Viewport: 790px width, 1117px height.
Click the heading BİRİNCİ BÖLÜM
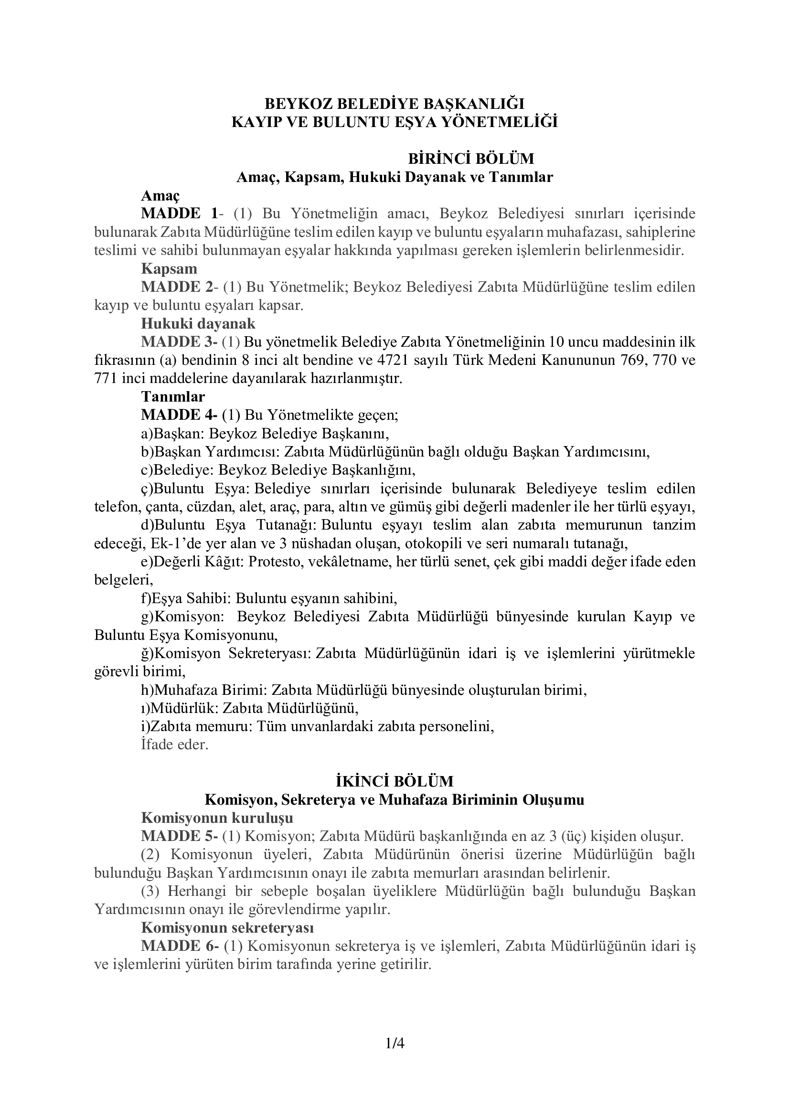[x=471, y=159]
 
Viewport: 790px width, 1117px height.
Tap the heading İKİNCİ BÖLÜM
[x=395, y=781]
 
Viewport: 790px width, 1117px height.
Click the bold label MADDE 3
[x=179, y=342]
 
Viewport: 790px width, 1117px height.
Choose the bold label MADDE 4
[x=179, y=415]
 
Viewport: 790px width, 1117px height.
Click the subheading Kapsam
[x=169, y=268]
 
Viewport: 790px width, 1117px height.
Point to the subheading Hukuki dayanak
[x=198, y=323]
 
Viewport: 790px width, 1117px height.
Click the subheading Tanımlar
[x=173, y=397]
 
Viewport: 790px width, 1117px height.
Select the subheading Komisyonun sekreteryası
[x=227, y=928]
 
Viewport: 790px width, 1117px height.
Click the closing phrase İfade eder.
[x=175, y=745]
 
